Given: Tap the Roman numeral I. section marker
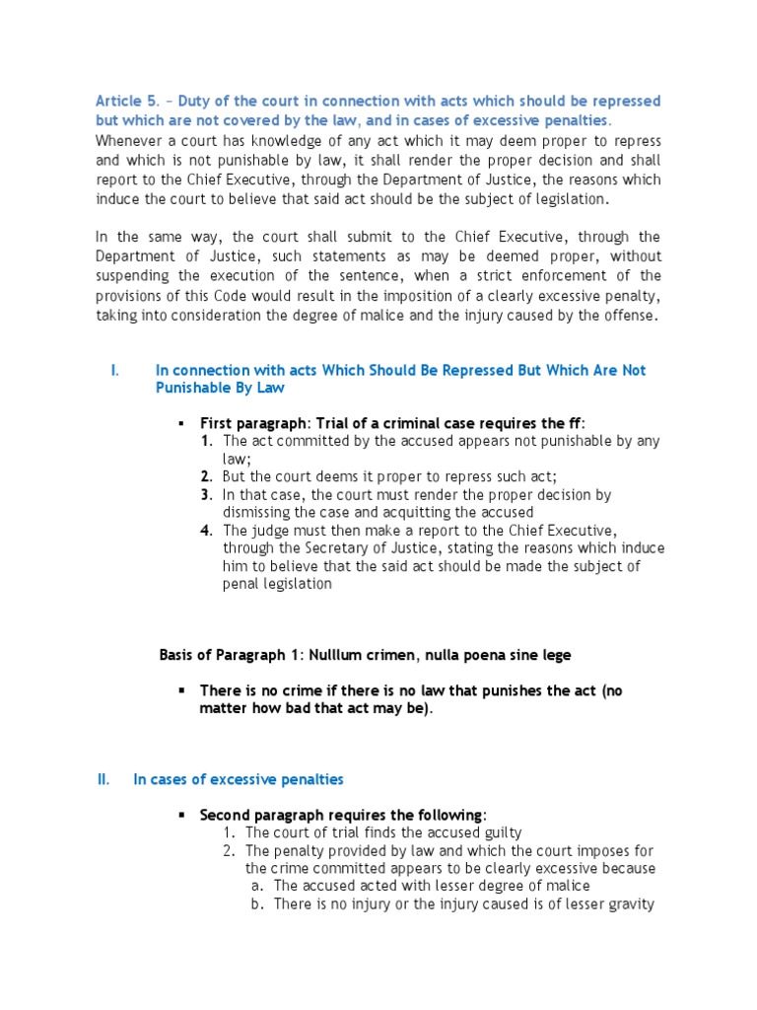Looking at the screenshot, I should click(x=115, y=370).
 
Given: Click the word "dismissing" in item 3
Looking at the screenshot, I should click(x=258, y=512).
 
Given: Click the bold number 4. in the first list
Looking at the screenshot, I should click(x=206, y=530).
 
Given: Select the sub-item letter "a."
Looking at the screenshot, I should click(x=255, y=886).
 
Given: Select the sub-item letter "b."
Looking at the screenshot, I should click(x=255, y=903).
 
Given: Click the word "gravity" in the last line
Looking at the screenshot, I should click(x=631, y=903).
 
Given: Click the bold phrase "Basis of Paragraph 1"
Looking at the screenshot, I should click(x=231, y=654).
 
